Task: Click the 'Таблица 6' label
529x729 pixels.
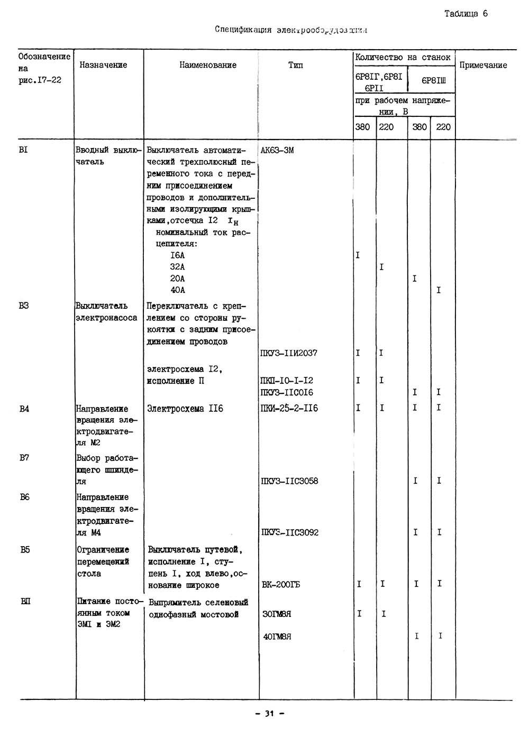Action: point(466,14)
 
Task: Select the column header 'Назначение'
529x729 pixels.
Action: point(103,65)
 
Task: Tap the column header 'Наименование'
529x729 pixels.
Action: point(208,65)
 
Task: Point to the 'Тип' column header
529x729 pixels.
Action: point(296,65)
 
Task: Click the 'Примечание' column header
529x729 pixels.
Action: point(483,65)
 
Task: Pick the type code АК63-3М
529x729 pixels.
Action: point(277,150)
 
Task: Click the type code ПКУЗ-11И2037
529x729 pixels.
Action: point(289,353)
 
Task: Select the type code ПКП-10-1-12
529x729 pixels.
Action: point(287,381)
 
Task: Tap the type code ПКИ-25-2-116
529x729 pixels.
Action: point(289,408)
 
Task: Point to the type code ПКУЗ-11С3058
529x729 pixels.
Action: point(289,481)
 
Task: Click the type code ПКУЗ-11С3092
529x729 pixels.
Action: point(290,532)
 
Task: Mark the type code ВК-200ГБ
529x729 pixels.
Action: point(281,585)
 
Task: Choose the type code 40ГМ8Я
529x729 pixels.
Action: point(277,636)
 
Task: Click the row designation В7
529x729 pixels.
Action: point(24,458)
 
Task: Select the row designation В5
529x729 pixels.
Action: point(25,550)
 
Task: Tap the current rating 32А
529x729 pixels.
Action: point(177,267)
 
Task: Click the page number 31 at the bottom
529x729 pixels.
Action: point(269,714)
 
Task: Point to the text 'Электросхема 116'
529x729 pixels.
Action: point(185,409)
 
